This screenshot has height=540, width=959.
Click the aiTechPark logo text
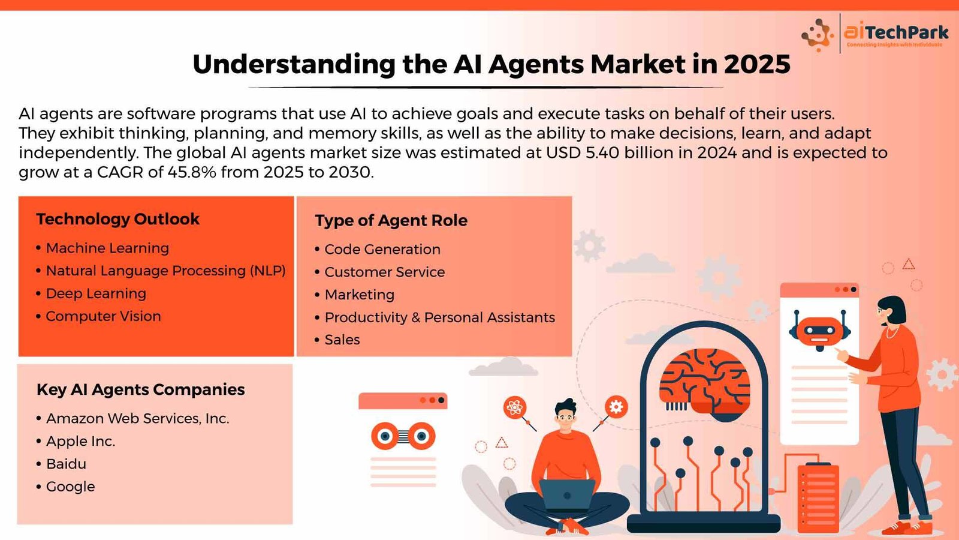(x=896, y=32)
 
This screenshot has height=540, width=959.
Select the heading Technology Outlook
(x=117, y=219)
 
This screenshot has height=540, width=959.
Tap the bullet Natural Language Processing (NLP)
(x=165, y=271)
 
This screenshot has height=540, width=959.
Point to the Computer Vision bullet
(x=104, y=316)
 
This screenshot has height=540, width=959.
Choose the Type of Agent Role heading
(x=391, y=221)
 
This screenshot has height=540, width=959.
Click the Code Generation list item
(x=382, y=250)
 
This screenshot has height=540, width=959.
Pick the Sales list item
(x=342, y=340)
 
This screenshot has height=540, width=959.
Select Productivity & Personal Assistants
(x=440, y=317)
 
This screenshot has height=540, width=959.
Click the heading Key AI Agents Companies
(x=141, y=389)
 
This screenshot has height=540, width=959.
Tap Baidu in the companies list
(x=67, y=464)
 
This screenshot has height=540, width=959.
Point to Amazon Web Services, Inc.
(x=138, y=419)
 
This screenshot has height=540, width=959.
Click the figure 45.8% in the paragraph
(x=192, y=172)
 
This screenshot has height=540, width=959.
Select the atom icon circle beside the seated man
(x=515, y=407)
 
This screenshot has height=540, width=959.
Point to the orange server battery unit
(x=818, y=498)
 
